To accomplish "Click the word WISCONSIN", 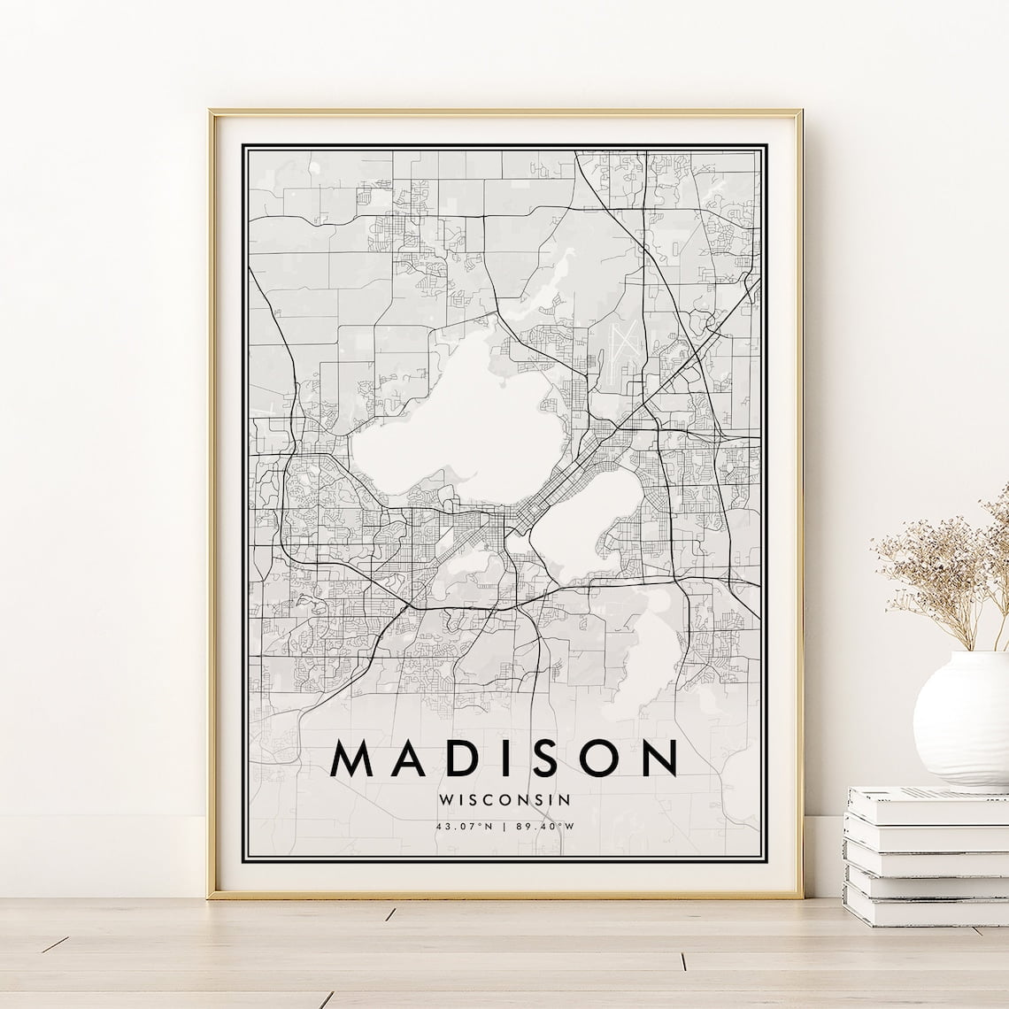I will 504,798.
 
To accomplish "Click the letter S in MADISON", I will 549,759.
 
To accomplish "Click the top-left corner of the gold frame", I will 212,112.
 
